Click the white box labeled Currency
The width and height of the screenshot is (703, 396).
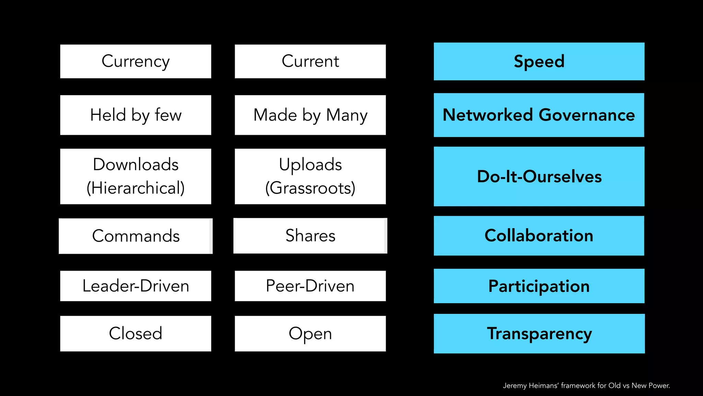(136, 61)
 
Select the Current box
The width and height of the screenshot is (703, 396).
(310, 61)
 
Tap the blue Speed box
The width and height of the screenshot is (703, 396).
(539, 62)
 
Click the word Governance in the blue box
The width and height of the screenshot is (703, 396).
(587, 115)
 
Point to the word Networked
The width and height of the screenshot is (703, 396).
(487, 115)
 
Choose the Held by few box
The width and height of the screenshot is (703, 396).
(136, 115)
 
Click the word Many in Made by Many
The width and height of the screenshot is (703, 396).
(347, 115)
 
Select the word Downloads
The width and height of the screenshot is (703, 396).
(136, 164)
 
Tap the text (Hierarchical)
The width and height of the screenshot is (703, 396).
(136, 188)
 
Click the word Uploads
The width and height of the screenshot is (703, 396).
(310, 164)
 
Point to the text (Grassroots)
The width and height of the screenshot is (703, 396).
(310, 188)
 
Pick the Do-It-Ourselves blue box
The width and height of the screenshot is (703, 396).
(539, 176)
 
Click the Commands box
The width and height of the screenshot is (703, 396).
(136, 236)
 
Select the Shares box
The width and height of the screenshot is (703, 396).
(310, 236)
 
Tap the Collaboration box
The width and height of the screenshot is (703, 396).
(539, 236)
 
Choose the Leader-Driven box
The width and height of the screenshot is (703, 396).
(136, 286)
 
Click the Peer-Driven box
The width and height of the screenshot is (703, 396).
(310, 286)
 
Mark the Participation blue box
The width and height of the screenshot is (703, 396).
(539, 286)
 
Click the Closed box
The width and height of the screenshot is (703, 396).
(136, 333)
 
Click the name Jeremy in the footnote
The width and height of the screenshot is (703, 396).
(515, 386)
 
